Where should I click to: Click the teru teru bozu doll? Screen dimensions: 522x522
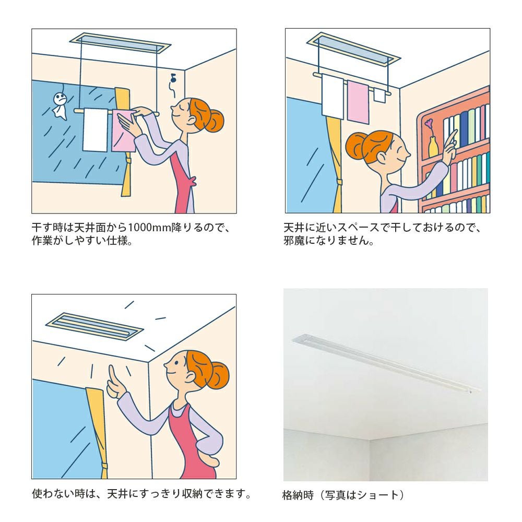point(60,105)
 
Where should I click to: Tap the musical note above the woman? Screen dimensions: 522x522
point(173,79)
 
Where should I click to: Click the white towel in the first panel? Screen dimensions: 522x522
point(95,129)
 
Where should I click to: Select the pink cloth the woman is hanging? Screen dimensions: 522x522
point(124,131)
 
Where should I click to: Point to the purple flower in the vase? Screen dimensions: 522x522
point(429,124)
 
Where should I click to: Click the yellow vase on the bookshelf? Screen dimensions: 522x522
point(432,147)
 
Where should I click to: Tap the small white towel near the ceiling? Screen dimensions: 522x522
point(379,94)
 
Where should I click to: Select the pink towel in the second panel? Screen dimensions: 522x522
point(358,102)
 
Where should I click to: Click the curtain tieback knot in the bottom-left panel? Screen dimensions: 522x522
point(105,465)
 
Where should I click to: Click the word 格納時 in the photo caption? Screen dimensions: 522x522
point(298,495)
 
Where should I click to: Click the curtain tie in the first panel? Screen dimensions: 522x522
point(128,162)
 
